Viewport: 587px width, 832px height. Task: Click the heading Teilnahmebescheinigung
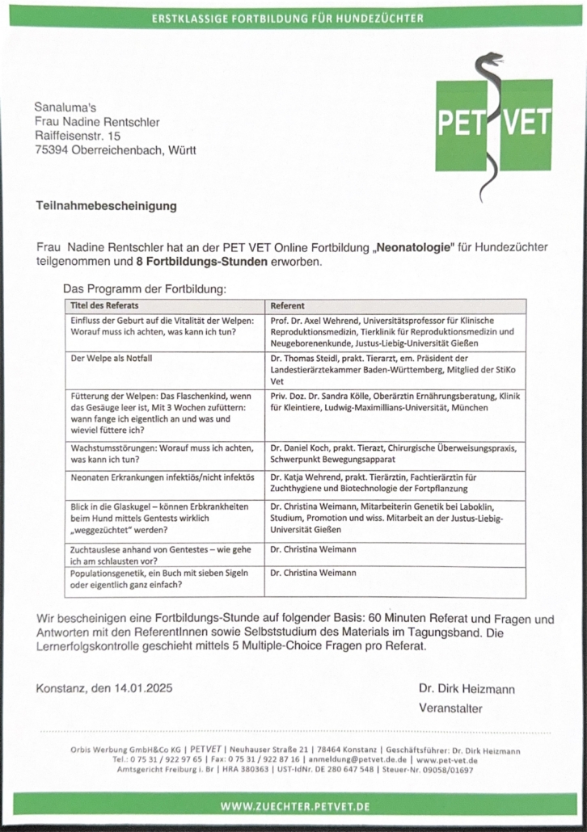tap(105, 206)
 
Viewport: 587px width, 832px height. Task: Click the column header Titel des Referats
tap(104, 306)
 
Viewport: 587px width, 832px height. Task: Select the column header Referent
tap(287, 306)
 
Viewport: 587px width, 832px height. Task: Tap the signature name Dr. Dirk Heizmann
tap(467, 689)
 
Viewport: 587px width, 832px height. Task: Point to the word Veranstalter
tap(450, 708)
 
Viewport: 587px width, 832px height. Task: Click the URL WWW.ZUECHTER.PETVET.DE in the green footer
tap(295, 806)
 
